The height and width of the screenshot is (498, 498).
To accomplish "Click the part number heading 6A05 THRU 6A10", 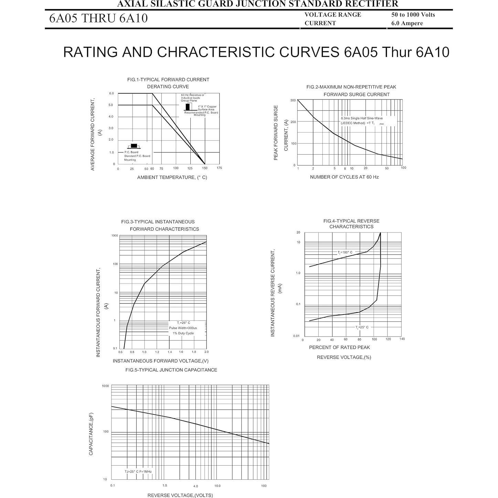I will pos(98,18).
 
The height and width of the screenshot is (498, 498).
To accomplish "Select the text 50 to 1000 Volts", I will pos(413,14).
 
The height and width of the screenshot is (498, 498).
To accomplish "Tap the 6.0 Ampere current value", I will pos(407,23).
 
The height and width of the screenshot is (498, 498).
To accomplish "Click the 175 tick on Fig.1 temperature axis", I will pos(219,168).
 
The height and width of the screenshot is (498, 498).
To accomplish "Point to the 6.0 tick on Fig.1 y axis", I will pos(112,93).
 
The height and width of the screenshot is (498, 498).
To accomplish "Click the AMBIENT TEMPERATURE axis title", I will pos(172,177).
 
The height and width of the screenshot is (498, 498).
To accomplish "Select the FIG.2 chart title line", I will pos(351,87).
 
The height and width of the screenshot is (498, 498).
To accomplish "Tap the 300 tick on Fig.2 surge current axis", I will pos(293,100).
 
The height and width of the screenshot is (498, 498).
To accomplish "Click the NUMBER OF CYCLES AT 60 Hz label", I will pos(344,177).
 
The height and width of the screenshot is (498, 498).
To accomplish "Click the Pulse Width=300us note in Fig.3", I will pos(183,328).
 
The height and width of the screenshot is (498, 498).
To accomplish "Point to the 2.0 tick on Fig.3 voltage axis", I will pos(206,352).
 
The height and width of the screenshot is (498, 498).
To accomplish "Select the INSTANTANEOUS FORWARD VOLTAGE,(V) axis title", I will pos(161,361).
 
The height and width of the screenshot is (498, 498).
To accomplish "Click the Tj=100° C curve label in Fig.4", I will pos(345,252).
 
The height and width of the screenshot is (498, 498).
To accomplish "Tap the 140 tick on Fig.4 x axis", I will pos(402,339).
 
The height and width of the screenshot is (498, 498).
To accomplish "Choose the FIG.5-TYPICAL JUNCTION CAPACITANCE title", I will pos(171,370).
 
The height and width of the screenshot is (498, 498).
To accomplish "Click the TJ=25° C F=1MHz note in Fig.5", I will pos(138,471).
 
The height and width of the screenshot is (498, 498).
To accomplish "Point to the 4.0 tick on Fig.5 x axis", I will pos(195,486).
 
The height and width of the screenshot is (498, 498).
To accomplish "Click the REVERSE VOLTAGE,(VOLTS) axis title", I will pos(180,495).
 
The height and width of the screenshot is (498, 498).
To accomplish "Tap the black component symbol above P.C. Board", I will pos(134,146).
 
